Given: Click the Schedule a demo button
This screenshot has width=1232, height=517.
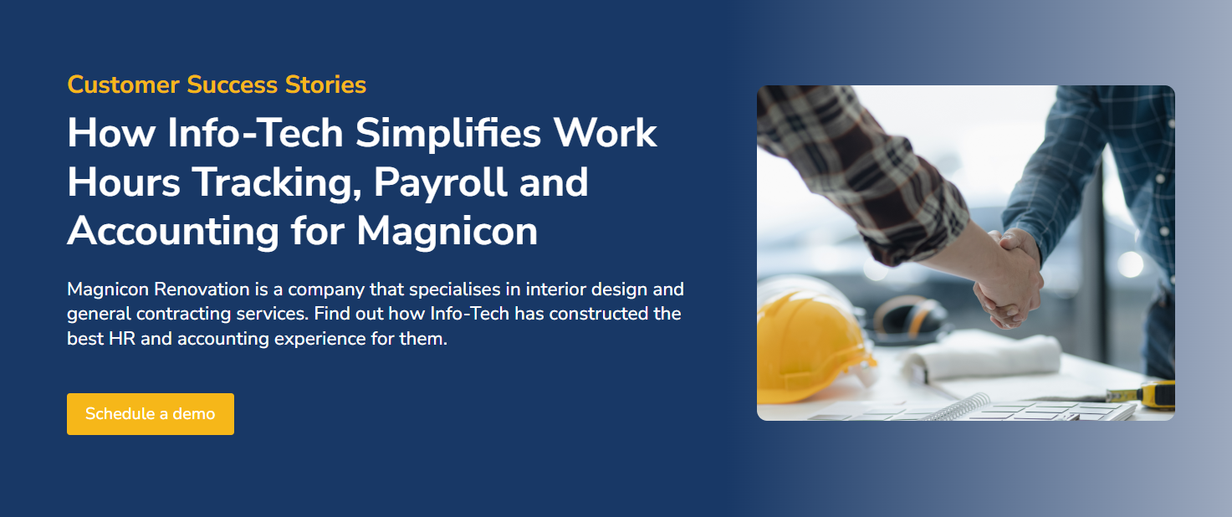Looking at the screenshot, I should click(x=151, y=414).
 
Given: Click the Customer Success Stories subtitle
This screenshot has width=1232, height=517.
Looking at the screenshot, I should click(x=217, y=84).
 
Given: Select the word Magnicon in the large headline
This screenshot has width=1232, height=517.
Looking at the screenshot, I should click(x=447, y=231).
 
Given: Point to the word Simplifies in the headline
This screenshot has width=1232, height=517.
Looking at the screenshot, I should click(x=435, y=134).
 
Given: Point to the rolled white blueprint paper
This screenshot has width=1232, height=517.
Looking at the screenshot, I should click(x=987, y=356).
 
